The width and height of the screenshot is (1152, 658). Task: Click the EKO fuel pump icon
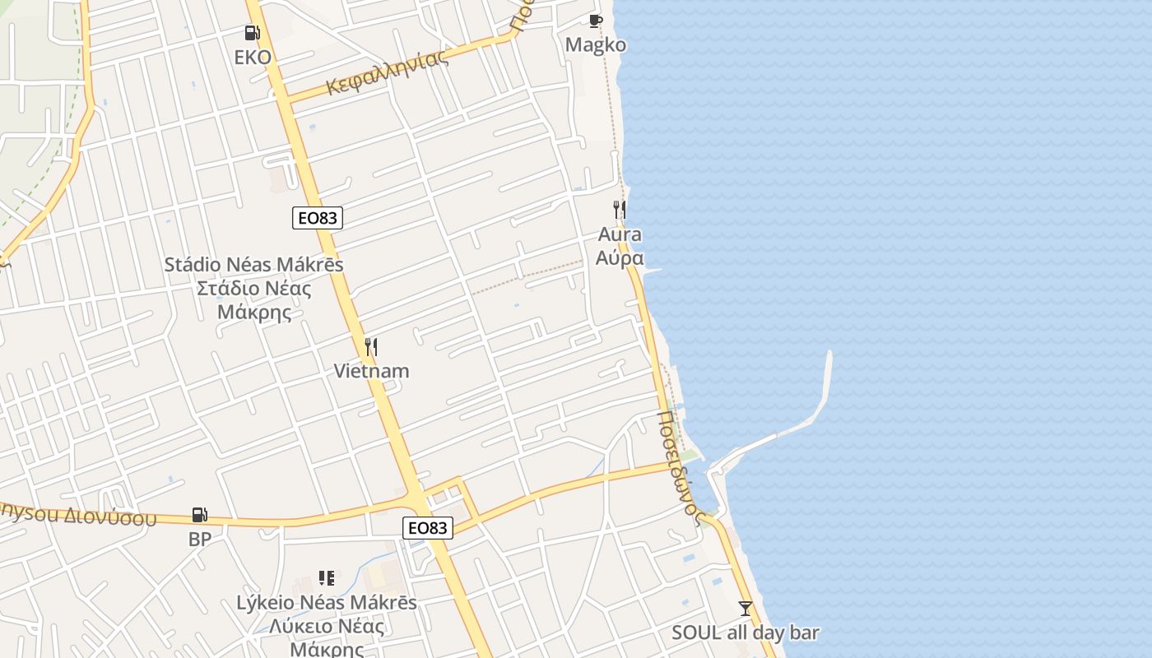[x=252, y=33]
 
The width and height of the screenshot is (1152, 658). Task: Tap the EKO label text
[x=253, y=58]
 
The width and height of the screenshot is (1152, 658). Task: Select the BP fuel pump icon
[x=200, y=515]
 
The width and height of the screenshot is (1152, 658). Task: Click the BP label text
[x=200, y=540]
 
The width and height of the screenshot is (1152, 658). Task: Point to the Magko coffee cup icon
[x=596, y=21]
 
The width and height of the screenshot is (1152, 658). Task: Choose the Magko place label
[x=596, y=45]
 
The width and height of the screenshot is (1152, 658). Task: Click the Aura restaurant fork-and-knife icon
[x=620, y=210]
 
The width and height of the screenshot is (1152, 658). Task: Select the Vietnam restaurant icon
[x=371, y=347]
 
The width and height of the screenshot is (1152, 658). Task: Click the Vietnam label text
[x=371, y=371]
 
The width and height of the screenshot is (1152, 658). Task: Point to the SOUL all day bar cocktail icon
[x=746, y=609]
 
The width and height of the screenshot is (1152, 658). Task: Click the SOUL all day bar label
[x=746, y=633]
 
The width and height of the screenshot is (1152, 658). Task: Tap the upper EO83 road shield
[x=317, y=218]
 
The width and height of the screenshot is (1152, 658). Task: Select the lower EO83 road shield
[x=428, y=528]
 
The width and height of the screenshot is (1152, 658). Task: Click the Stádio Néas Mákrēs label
[x=253, y=265]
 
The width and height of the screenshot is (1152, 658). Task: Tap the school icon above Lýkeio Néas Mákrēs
[x=327, y=578]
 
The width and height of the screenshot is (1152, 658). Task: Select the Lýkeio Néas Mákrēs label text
[x=327, y=603]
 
